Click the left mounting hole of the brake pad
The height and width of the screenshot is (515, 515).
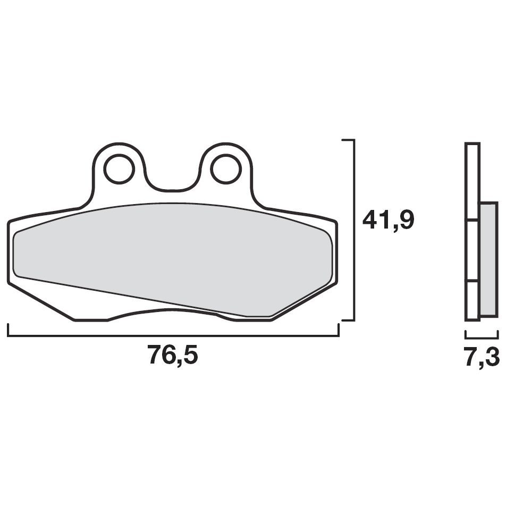point(119,170)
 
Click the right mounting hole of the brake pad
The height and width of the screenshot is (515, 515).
point(226,170)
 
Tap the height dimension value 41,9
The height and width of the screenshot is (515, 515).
point(388,220)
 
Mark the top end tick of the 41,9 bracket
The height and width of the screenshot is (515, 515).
point(348,140)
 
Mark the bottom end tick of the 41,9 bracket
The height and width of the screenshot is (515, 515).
point(348,320)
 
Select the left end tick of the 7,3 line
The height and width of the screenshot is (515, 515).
point(466,334)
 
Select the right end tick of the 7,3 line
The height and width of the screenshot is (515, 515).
point(498,334)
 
